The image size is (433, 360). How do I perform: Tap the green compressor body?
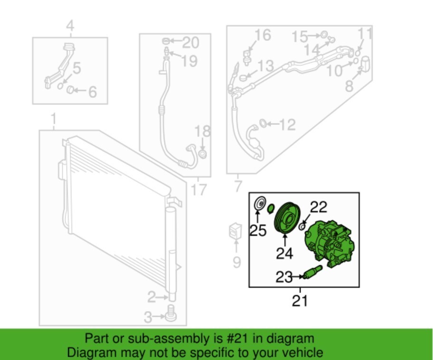(x=329, y=244)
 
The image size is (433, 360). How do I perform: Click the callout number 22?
(x=319, y=207)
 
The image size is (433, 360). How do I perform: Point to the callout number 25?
(x=258, y=230)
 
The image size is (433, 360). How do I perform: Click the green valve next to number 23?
(x=312, y=272)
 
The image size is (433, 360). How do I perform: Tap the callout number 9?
(x=236, y=262)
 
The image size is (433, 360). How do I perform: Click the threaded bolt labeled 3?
(x=171, y=313)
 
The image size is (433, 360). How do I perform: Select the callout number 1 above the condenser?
(x=54, y=119)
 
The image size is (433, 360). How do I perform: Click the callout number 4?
(x=70, y=26)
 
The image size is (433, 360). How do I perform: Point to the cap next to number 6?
(x=70, y=90)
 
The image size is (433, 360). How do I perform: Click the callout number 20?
(x=190, y=43)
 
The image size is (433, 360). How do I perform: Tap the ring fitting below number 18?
(x=203, y=154)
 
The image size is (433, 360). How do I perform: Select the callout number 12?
(x=287, y=124)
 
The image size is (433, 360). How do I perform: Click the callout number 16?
(x=263, y=35)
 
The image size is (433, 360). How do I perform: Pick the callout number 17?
(x=198, y=190)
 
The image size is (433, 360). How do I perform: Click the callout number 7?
(x=238, y=186)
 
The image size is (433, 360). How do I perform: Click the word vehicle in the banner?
(x=304, y=353)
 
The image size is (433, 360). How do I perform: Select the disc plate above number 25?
(x=260, y=204)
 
